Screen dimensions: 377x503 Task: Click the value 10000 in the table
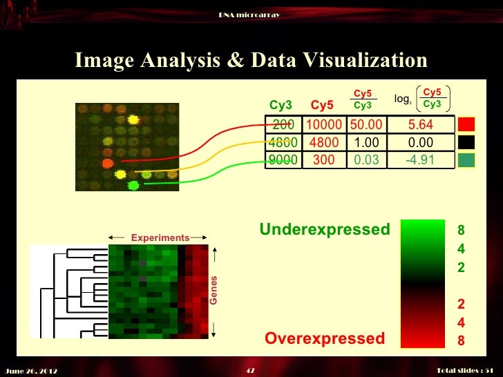(323, 125)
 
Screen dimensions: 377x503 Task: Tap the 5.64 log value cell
(420, 125)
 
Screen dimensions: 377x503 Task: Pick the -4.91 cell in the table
(420, 159)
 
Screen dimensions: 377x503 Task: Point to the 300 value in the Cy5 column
(323, 159)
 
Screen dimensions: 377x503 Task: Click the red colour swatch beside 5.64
(466, 125)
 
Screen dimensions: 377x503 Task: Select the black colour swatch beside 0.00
(466, 142)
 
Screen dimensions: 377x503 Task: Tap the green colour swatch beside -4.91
(466, 159)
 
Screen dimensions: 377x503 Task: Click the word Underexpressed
(325, 229)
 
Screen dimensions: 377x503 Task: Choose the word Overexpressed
(325, 338)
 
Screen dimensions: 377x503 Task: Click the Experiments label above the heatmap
(160, 238)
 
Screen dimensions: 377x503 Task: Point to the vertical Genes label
(213, 291)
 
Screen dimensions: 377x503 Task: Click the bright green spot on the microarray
(134, 184)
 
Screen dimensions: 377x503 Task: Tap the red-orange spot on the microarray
(107, 164)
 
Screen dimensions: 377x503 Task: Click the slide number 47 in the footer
(251, 371)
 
